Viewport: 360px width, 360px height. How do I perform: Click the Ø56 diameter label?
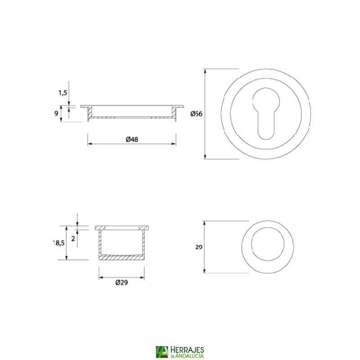196,114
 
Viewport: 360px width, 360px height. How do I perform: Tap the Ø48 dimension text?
132,139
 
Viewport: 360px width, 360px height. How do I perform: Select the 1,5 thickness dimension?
63,93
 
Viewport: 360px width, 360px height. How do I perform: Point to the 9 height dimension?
56,113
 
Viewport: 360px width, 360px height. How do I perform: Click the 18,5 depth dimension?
59,243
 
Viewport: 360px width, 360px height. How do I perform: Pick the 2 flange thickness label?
73,239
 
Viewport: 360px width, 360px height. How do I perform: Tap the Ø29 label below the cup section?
121,283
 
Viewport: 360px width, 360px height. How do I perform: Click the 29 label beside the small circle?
199,247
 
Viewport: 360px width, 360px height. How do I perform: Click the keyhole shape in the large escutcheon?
266,114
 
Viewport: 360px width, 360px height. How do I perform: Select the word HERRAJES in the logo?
187,350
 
